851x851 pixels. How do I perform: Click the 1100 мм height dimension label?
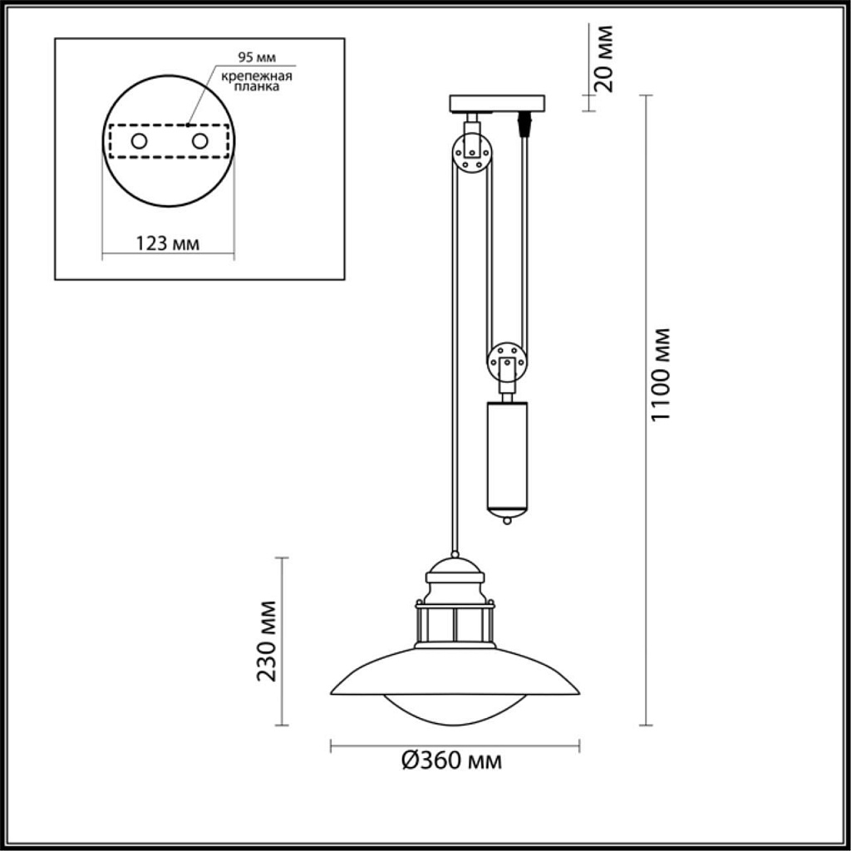[661, 374]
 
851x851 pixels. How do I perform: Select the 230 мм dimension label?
[266, 640]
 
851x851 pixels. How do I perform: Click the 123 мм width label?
[167, 243]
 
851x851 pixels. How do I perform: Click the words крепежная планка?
[256, 81]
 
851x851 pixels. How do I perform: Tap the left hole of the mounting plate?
[139, 141]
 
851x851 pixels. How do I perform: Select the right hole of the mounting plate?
[199, 141]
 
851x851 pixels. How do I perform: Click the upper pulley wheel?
[472, 154]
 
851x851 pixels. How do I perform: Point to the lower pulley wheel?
[506, 363]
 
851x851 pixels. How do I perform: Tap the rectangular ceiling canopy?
[497, 103]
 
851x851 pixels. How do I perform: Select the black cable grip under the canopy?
[524, 124]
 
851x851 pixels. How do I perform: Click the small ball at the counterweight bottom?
[506, 521]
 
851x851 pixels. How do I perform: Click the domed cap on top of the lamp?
[455, 571]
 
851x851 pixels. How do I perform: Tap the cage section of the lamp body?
[455, 623]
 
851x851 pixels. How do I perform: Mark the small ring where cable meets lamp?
[455, 553]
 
